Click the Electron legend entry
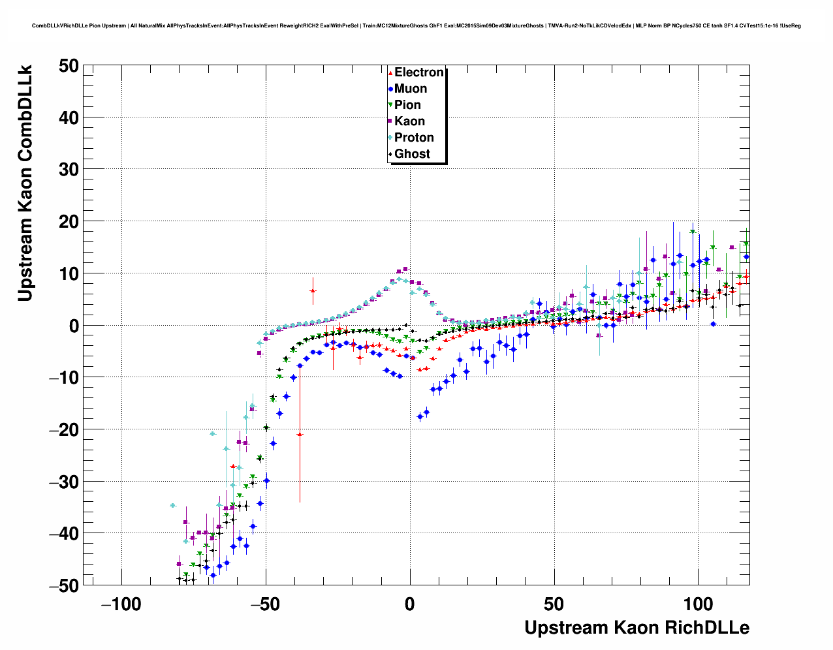(418, 72)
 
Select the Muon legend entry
(410, 89)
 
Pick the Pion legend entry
(407, 105)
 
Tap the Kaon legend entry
(409, 121)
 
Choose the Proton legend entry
(414, 138)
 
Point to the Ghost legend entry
(412, 154)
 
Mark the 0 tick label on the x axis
(410, 604)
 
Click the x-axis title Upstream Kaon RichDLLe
(637, 628)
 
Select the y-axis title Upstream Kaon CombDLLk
(25, 183)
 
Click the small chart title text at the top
(417, 25)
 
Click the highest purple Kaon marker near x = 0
(405, 269)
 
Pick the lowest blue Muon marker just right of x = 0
(420, 416)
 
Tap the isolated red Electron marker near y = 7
(313, 291)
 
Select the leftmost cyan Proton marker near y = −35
(173, 505)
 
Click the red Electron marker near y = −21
(300, 434)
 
